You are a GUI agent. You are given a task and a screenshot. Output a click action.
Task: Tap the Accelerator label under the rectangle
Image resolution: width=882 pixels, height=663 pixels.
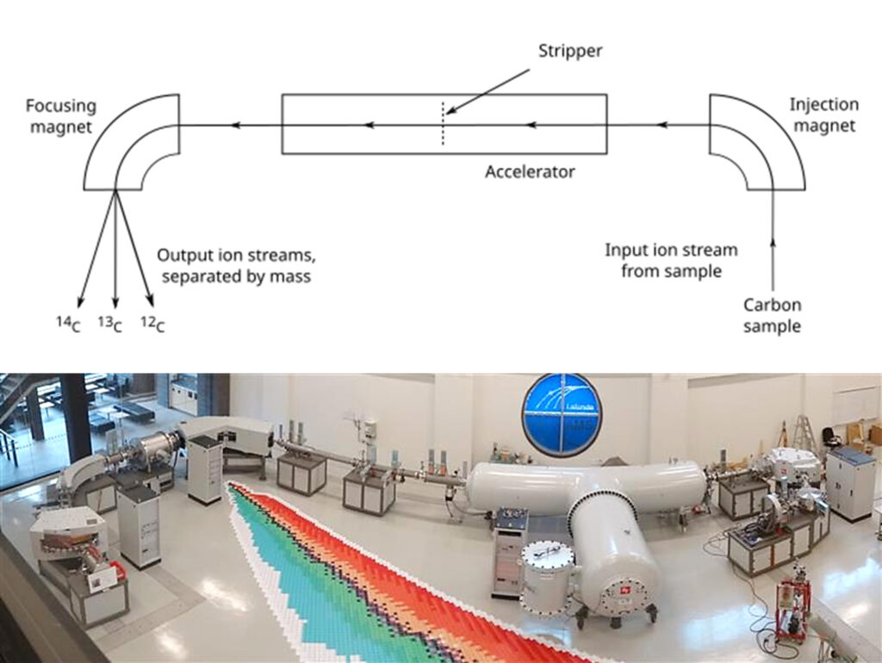(530, 171)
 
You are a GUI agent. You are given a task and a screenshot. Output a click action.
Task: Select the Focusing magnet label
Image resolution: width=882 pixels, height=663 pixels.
(60, 116)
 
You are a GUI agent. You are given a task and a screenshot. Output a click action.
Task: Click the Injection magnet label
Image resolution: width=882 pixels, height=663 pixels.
(823, 115)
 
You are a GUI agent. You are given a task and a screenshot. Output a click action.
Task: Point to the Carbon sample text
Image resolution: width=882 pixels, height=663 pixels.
(772, 315)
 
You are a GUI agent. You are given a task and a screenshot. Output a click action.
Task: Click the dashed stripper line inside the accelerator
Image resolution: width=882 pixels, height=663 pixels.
(444, 125)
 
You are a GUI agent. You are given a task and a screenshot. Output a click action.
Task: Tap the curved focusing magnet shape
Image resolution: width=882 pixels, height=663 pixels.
(129, 142)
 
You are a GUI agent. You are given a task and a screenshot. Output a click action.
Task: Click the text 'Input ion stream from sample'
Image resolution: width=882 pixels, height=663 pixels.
(671, 260)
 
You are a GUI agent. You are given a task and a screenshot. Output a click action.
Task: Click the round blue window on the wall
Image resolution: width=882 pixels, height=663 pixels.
(562, 413)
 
